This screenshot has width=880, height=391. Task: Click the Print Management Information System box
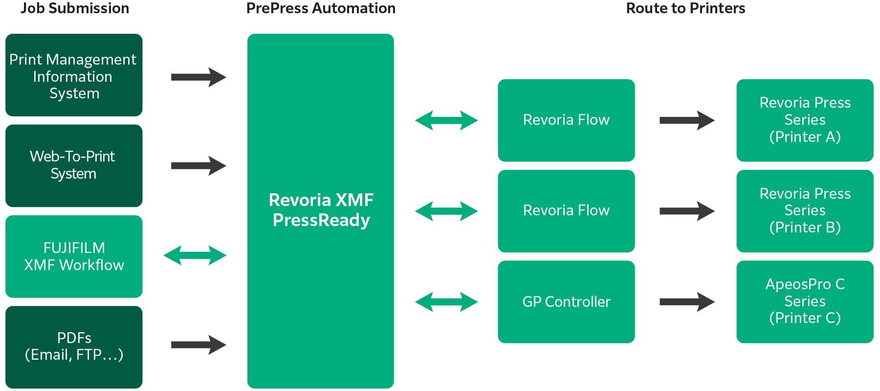tap(74, 75)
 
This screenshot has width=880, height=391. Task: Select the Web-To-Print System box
tap(74, 165)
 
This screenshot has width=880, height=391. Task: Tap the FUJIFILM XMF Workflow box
tap(74, 256)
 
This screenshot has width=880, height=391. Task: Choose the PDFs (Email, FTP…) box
tap(74, 347)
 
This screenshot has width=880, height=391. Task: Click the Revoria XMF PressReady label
tap(321, 210)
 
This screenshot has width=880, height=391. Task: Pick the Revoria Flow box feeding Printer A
tap(566, 120)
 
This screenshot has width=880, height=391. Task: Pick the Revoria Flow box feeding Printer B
tap(566, 211)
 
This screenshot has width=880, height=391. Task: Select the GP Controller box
tap(566, 301)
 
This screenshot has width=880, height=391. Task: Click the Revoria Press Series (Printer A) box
tap(805, 120)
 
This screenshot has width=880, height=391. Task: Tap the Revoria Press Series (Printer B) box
tap(805, 211)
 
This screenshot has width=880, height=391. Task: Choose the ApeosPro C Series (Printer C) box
tap(805, 301)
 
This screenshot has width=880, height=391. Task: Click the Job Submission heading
tap(75, 8)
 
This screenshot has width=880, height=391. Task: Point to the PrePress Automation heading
tap(321, 8)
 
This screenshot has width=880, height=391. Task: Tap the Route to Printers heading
tap(685, 8)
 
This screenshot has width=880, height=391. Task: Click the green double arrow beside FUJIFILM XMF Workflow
tap(195, 255)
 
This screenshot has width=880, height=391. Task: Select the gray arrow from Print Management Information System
tap(198, 77)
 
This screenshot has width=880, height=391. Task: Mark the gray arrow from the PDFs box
tap(198, 345)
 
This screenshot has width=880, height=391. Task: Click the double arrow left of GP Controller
tap(446, 302)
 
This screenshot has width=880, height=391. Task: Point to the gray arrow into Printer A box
tap(687, 120)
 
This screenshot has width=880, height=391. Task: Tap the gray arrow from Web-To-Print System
tap(198, 166)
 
